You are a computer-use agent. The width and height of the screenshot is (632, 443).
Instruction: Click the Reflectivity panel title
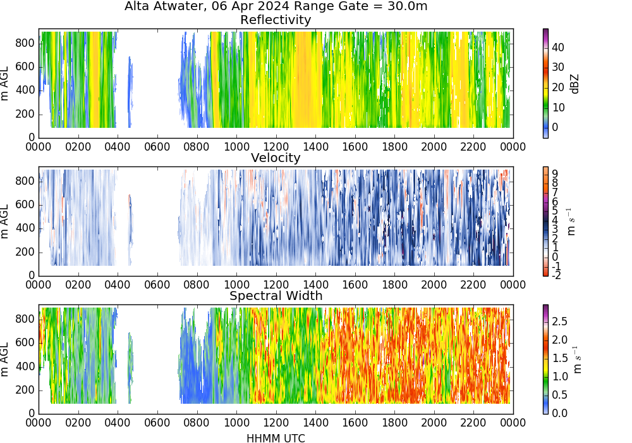tap(276, 20)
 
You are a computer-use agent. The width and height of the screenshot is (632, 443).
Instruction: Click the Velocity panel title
tap(276, 158)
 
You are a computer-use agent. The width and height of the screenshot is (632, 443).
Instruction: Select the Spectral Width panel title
tap(276, 296)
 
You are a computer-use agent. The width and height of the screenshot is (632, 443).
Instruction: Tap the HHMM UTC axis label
tap(276, 438)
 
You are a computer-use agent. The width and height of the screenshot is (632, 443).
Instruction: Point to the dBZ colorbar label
tap(574, 84)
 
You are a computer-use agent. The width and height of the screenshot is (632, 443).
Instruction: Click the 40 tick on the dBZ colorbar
tap(558, 47)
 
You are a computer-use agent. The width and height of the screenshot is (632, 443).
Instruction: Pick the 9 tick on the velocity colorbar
tap(555, 173)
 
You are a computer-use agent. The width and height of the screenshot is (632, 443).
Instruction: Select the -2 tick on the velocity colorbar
tap(556, 275)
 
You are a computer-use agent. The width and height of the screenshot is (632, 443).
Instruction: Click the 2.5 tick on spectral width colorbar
tap(559, 321)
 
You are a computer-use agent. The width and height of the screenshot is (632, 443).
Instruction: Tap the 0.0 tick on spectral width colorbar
tap(559, 413)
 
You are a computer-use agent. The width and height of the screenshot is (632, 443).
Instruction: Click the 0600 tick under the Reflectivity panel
tap(157, 146)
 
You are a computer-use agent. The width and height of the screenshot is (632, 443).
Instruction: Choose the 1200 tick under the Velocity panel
tap(276, 285)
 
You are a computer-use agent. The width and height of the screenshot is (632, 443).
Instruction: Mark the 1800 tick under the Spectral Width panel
tap(394, 423)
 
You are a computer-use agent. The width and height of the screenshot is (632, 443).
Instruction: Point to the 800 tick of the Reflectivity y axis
tap(25, 43)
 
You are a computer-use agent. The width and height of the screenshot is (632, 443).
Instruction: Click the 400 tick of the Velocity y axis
tap(25, 228)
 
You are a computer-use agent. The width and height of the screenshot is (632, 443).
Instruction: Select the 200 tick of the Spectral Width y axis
tap(25, 390)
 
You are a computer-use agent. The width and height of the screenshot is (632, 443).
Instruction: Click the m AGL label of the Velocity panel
tap(5, 221)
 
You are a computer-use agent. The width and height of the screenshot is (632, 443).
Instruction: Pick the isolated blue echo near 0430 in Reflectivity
tap(130, 92)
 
